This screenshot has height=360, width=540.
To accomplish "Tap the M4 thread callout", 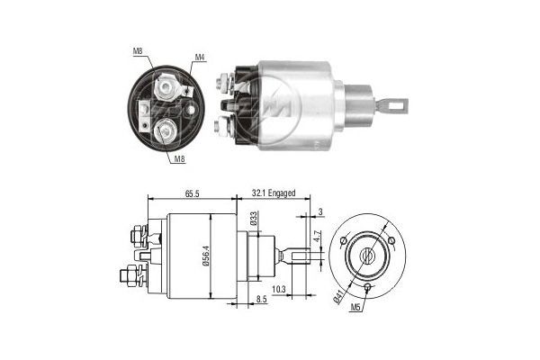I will [x=200, y=58].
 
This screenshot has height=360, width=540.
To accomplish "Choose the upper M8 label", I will [x=137, y=50].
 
